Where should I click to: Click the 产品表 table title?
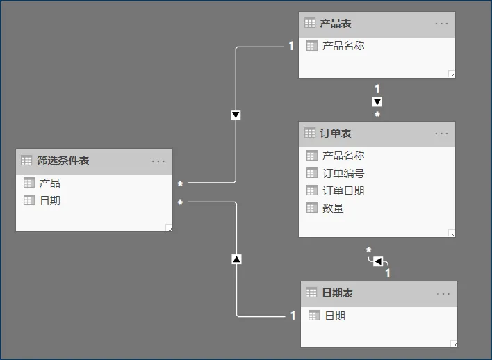click(x=336, y=24)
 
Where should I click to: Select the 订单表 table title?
click(x=336, y=133)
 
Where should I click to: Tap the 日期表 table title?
click(x=338, y=293)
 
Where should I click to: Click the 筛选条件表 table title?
click(x=64, y=161)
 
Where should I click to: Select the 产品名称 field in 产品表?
click(x=343, y=46)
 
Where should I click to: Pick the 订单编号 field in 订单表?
click(x=343, y=174)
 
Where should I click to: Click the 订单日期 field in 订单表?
click(x=343, y=190)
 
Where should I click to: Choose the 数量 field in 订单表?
click(x=333, y=208)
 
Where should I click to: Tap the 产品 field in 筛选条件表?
click(x=49, y=183)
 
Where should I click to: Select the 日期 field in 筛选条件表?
click(x=49, y=200)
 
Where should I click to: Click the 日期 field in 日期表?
click(x=335, y=316)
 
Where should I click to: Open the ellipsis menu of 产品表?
click(x=442, y=24)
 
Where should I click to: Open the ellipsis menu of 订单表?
click(x=442, y=133)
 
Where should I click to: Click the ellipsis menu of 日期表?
click(x=443, y=293)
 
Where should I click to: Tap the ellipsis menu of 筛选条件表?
click(x=158, y=161)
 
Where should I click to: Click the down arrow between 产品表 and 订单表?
click(x=377, y=101)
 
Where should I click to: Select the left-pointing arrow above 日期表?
click(x=377, y=261)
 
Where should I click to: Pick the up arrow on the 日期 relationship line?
click(x=236, y=259)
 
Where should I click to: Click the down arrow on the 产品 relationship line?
click(x=236, y=115)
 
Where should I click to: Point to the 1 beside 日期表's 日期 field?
click(x=293, y=316)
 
